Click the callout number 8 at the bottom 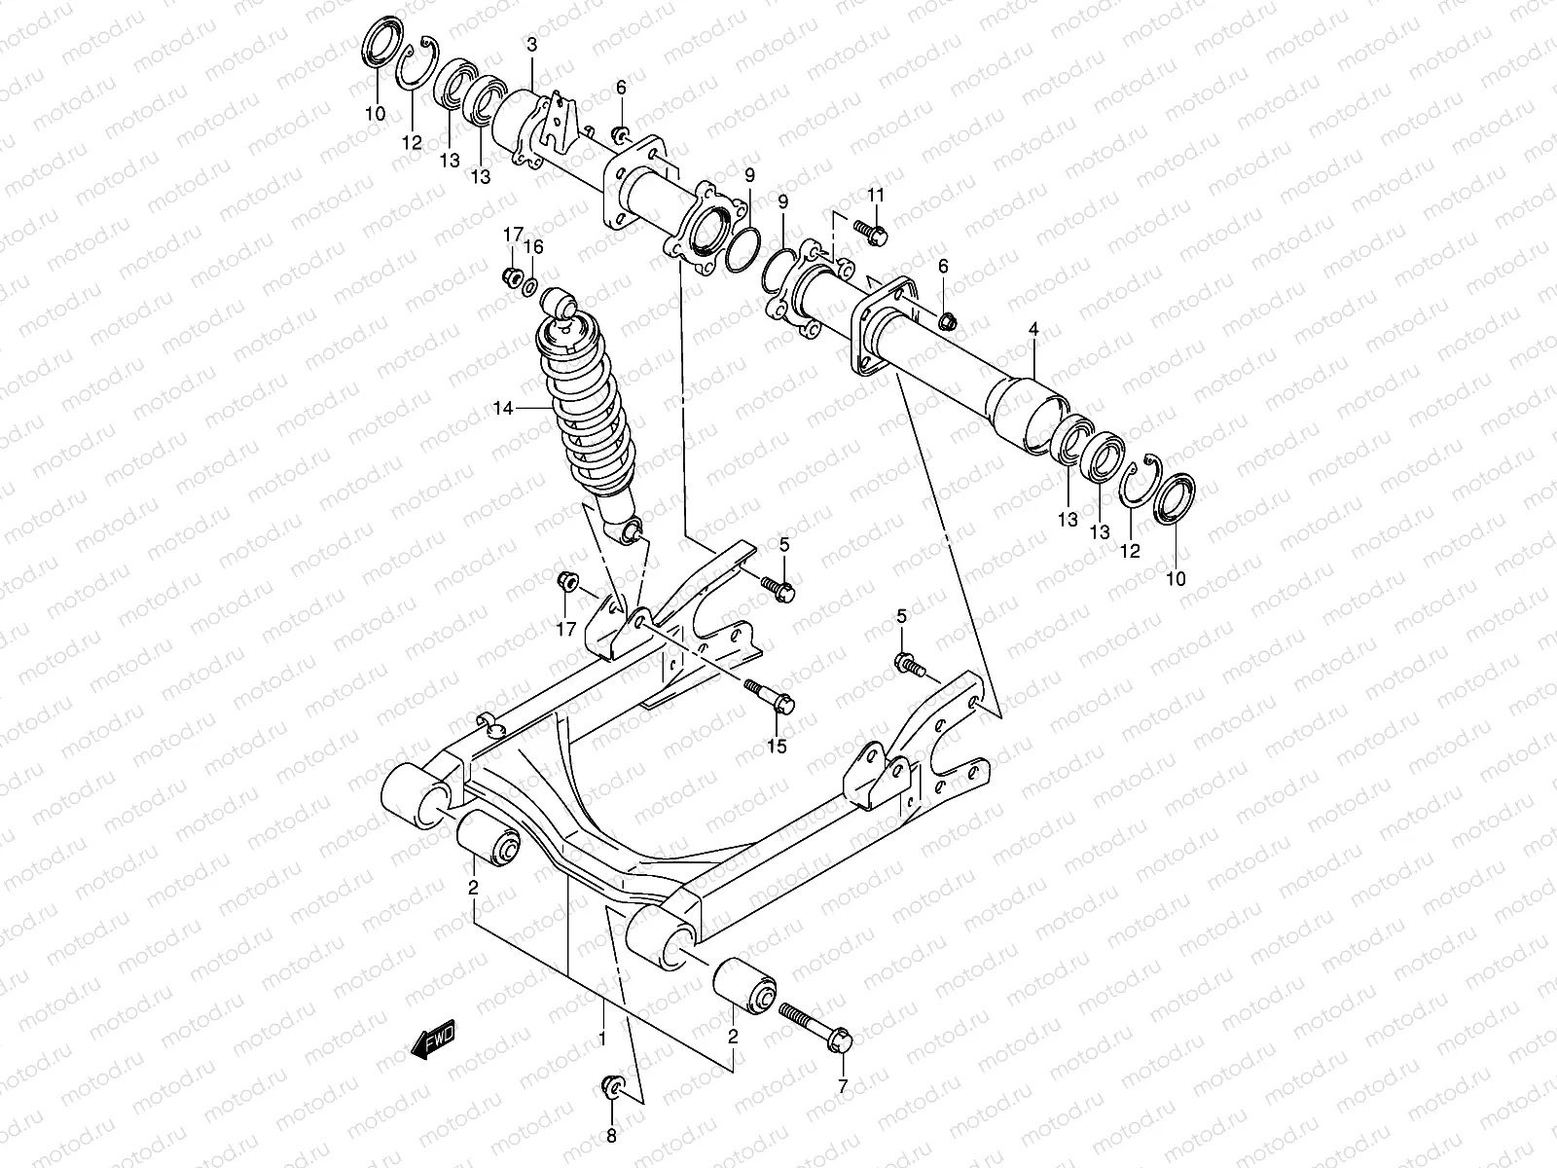click(x=611, y=1135)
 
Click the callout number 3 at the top click(x=531, y=45)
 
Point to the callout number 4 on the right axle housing click(x=1033, y=332)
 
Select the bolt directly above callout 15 click(x=772, y=695)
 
